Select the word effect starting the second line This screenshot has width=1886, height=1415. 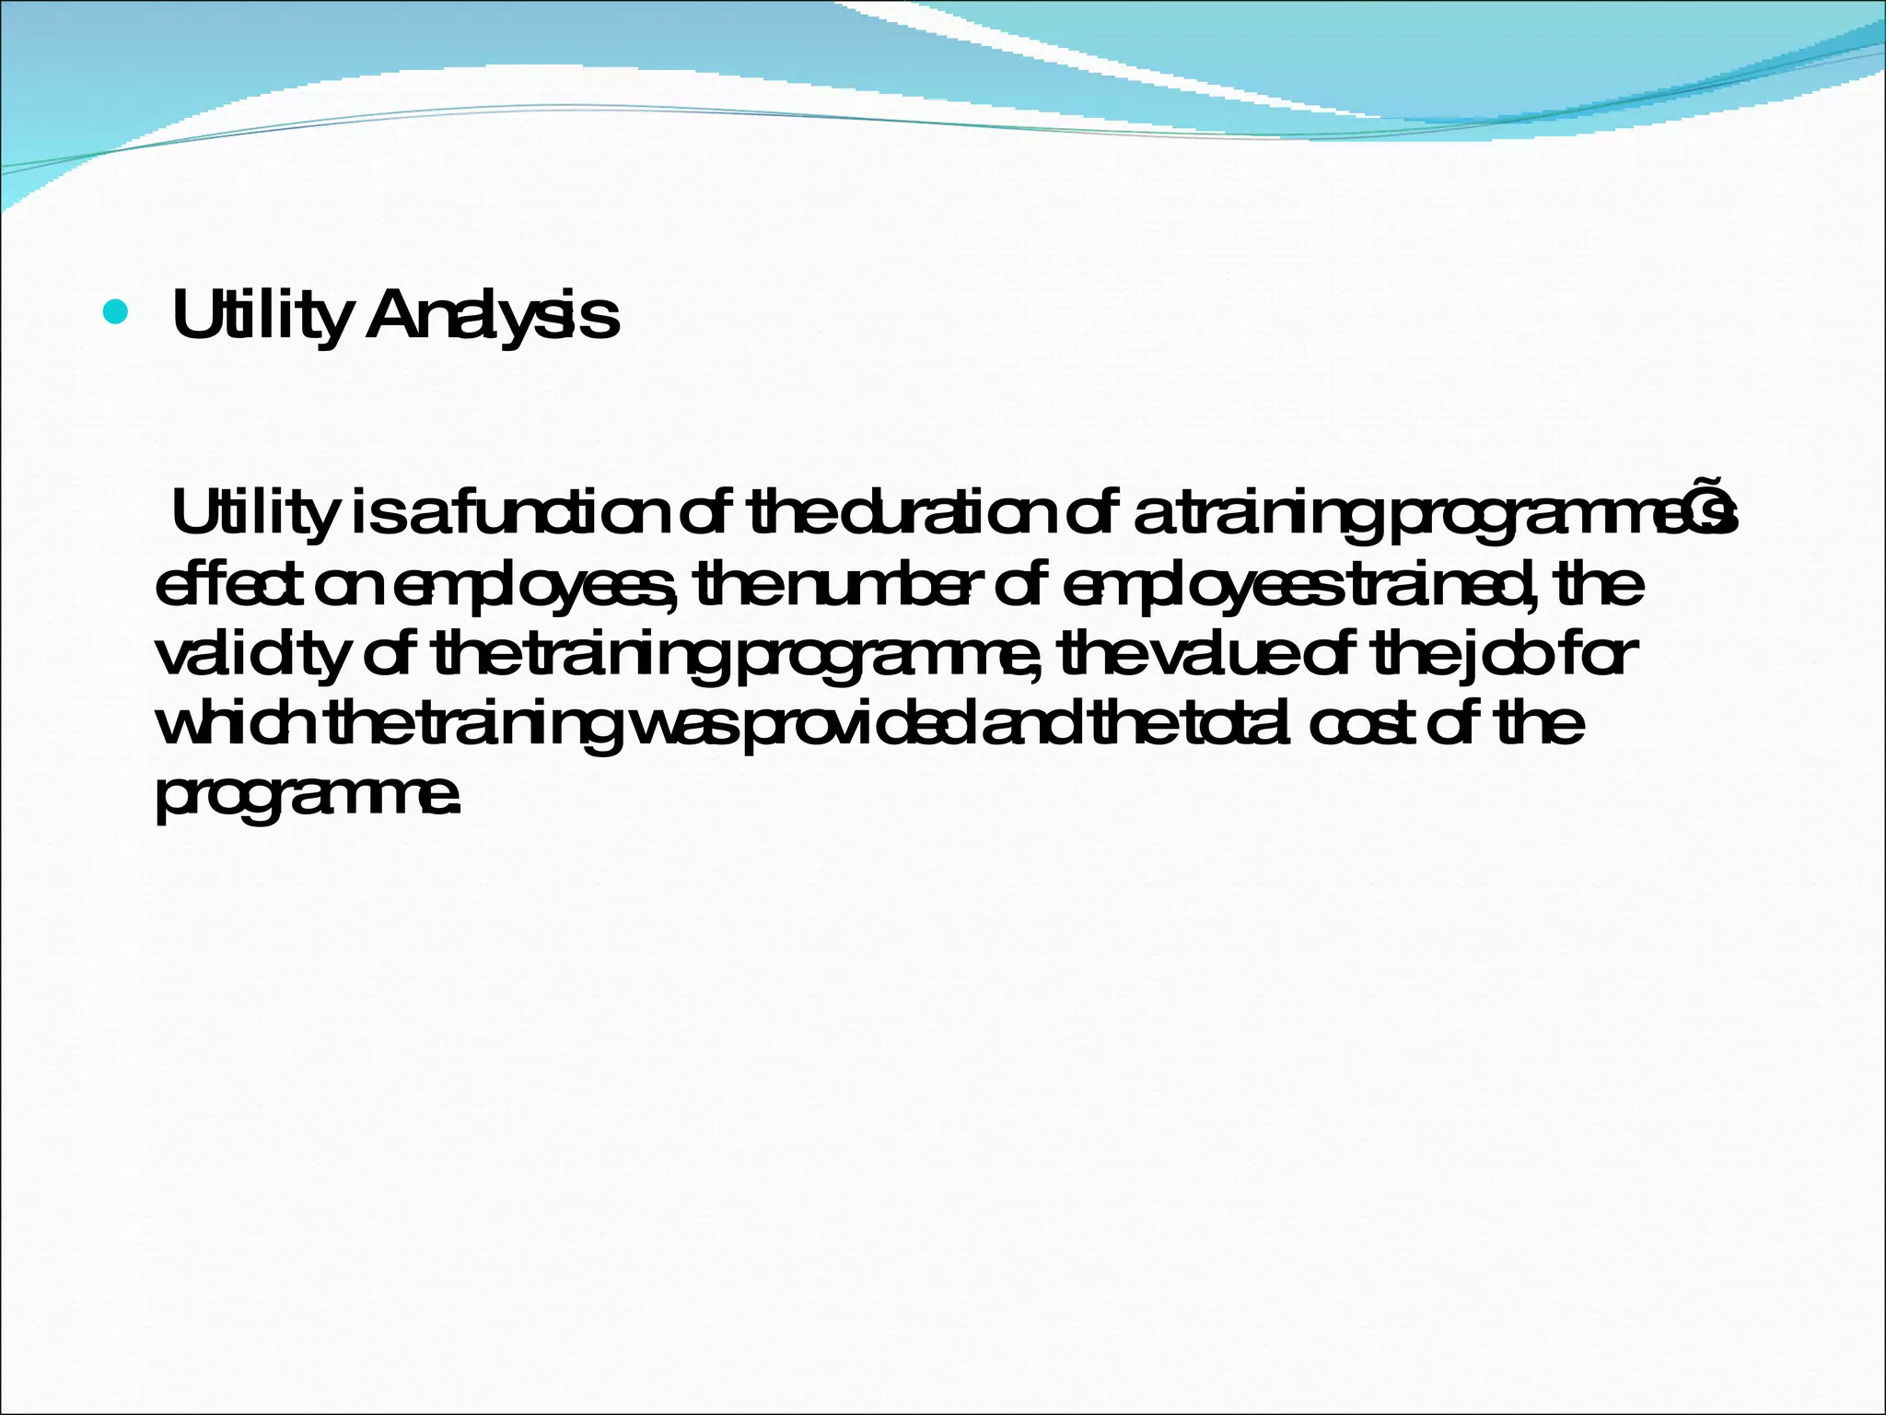coord(228,584)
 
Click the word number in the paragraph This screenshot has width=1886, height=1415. coord(878,584)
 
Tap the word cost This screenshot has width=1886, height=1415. coord(1366,724)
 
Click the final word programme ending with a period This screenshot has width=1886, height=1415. coord(306,796)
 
